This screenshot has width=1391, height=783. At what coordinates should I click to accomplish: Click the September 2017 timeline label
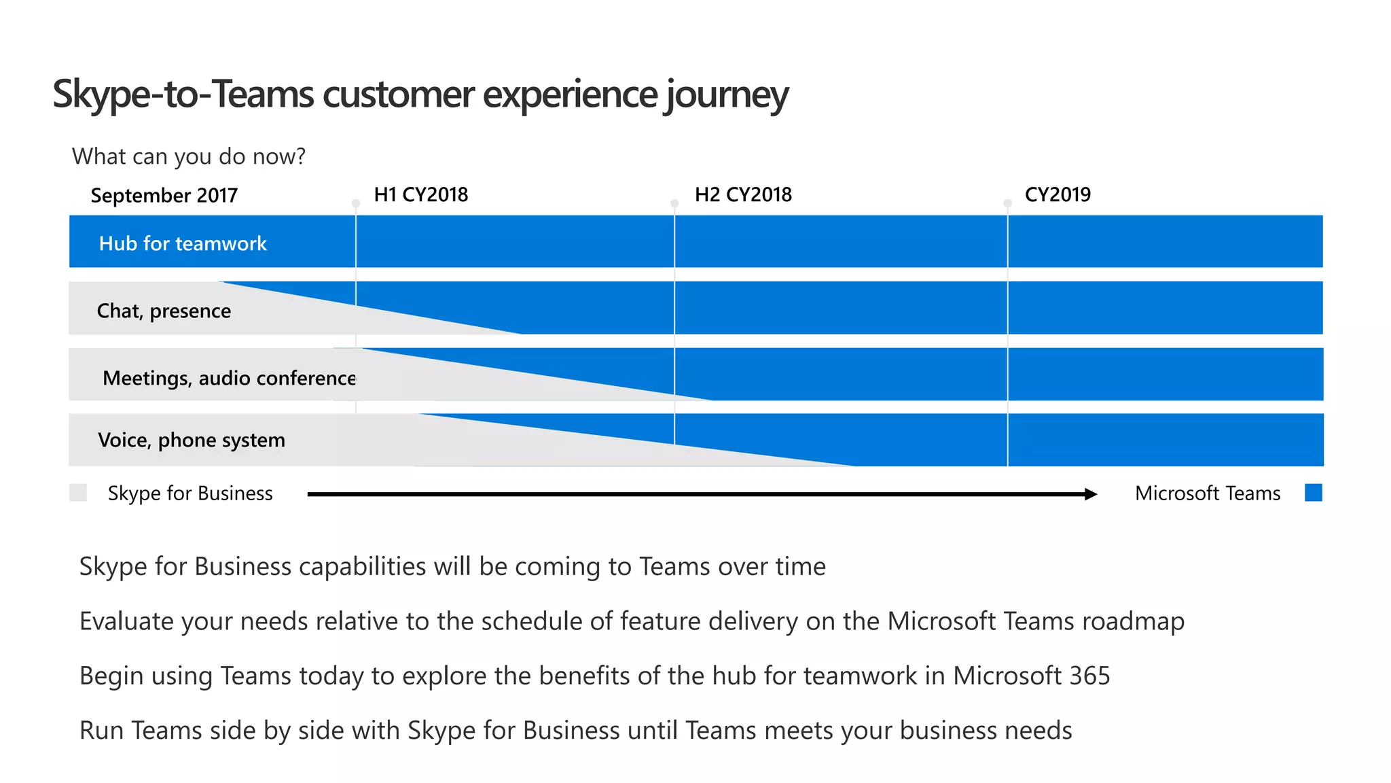click(x=164, y=196)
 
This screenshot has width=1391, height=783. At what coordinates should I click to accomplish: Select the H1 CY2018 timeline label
click(x=421, y=195)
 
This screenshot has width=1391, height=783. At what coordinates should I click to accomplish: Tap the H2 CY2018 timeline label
click(x=743, y=195)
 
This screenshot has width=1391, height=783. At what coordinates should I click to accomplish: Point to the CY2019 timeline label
click(x=1058, y=195)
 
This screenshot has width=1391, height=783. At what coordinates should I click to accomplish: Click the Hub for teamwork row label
click(x=183, y=243)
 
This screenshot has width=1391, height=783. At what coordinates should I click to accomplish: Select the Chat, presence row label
click(x=164, y=311)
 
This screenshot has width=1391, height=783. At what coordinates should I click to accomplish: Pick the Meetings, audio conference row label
click(x=229, y=378)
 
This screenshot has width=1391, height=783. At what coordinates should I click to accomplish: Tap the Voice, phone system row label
click(x=192, y=440)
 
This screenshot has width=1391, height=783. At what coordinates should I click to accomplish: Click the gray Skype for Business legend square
click(x=78, y=493)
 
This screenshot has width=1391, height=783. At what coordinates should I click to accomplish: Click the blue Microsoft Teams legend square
click(x=1314, y=493)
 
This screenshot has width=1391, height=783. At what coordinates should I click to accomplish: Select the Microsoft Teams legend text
click(x=1208, y=493)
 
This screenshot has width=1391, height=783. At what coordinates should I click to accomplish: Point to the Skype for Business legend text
click(x=190, y=493)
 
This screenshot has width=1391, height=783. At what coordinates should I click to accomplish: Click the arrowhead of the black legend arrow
click(x=1091, y=494)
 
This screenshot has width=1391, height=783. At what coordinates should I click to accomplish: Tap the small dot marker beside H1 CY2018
click(x=356, y=203)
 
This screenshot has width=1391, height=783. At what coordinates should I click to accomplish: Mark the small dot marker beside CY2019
click(x=1008, y=203)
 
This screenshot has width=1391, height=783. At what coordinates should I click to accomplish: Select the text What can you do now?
click(x=189, y=156)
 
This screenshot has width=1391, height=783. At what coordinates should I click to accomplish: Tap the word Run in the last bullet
click(x=103, y=730)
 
